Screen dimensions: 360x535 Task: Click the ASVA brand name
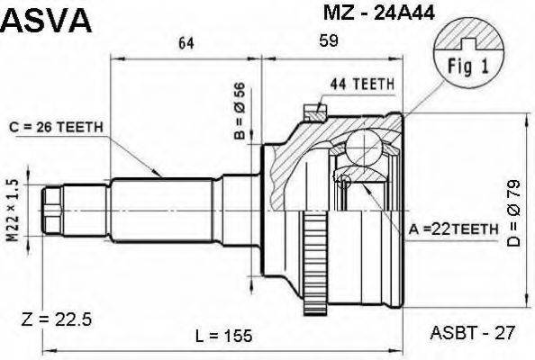click(x=47, y=19)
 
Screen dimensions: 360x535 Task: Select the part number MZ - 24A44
click(x=369, y=14)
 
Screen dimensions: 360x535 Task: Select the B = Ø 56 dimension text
click(x=240, y=111)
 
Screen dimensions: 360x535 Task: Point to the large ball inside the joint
click(x=367, y=148)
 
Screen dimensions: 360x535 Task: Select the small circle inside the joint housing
click(x=343, y=181)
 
